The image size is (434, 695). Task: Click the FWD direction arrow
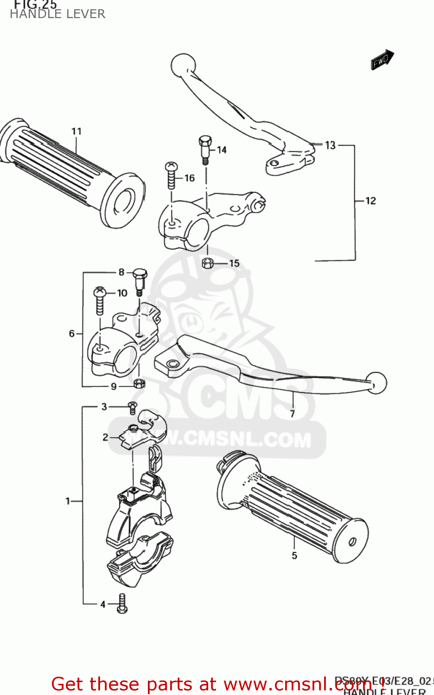click(382, 60)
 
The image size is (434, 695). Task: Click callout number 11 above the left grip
click(77, 132)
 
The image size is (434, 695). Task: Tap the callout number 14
click(222, 150)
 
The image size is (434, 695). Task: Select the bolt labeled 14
click(205, 148)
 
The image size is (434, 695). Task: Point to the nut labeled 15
click(208, 264)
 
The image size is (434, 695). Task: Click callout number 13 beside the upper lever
click(330, 145)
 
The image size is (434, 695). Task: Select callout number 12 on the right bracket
click(370, 201)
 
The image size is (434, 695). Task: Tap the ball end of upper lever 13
click(183, 65)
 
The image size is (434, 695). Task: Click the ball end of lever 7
click(376, 383)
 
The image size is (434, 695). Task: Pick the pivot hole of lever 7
click(173, 364)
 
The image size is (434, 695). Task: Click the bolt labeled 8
click(140, 280)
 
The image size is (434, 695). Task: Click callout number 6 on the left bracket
click(72, 333)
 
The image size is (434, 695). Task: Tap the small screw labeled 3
click(133, 407)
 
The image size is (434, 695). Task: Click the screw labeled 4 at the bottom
click(122, 603)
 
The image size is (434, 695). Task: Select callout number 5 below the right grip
click(294, 555)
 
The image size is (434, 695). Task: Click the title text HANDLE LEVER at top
click(57, 14)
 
